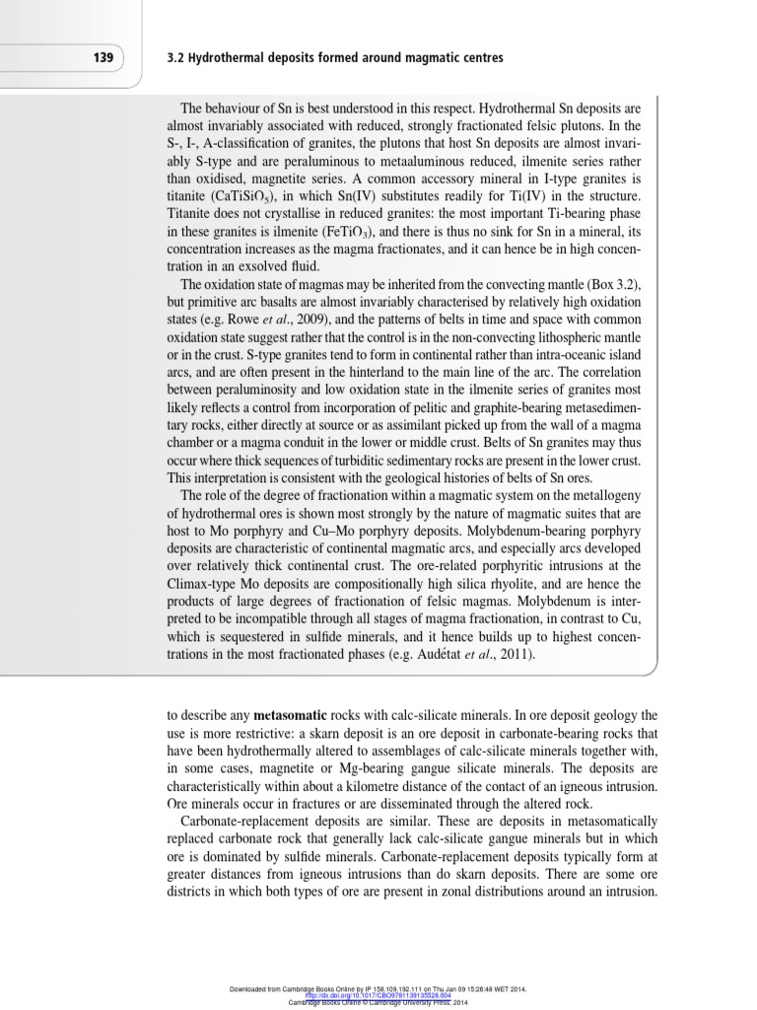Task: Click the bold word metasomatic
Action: point(297,715)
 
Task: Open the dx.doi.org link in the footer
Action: point(367,995)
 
